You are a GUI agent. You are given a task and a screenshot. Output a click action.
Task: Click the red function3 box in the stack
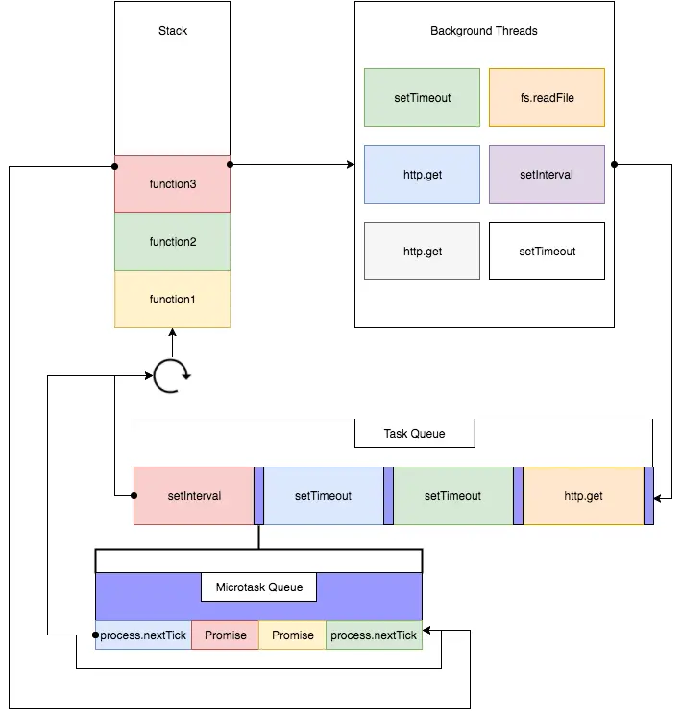[x=172, y=183]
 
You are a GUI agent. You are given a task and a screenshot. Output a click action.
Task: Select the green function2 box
[x=172, y=242]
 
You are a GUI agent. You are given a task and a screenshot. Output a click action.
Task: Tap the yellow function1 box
[x=172, y=300]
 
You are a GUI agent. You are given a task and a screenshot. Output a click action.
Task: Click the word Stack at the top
[x=173, y=31]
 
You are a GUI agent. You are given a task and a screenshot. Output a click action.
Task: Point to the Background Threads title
[x=483, y=31]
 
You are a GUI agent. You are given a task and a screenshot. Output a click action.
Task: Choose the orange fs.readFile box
[x=547, y=97]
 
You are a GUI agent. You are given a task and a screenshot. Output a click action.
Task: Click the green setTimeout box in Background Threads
[x=422, y=97]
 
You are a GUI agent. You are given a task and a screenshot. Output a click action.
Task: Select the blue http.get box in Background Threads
[x=422, y=175]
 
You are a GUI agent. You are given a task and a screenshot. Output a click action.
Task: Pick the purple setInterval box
[x=547, y=175]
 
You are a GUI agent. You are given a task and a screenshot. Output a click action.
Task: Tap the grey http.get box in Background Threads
[x=422, y=252]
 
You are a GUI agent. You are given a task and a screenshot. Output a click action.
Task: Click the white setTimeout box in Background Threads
[x=547, y=252]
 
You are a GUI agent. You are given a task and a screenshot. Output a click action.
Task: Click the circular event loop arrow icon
[x=172, y=377]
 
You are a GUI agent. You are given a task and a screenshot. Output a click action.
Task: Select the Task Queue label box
[x=415, y=434]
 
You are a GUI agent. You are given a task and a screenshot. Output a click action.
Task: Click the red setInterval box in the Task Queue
[x=194, y=496]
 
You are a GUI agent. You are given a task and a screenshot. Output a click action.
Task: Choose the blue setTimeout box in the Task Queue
[x=323, y=496]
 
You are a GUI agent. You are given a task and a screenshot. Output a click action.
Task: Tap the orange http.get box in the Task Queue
[x=583, y=496]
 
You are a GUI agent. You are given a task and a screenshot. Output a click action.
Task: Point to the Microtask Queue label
[x=258, y=587]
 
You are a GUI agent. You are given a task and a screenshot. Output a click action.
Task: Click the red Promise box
[x=226, y=635]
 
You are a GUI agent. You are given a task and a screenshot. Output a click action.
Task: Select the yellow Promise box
[x=293, y=635]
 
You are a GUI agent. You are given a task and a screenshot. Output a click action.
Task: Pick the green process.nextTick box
[x=374, y=635]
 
